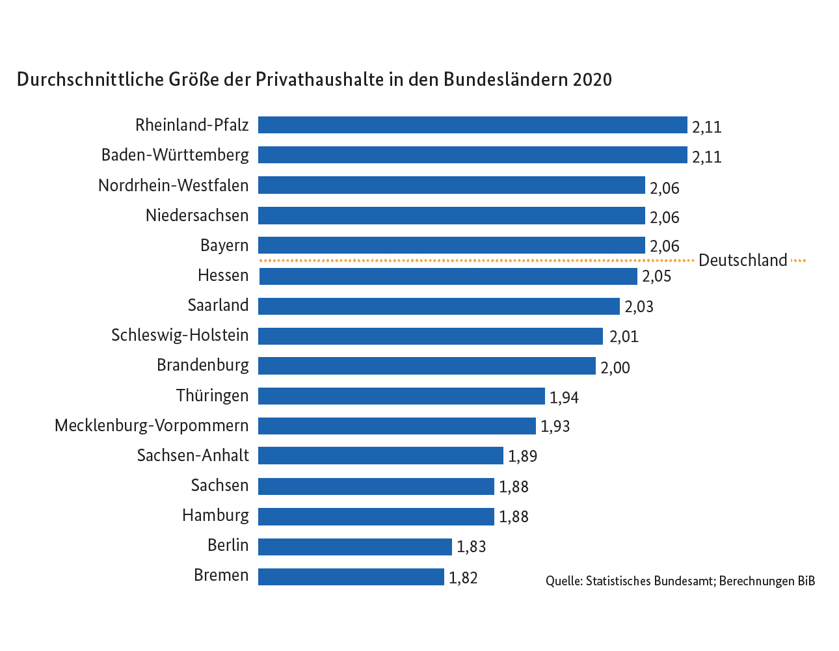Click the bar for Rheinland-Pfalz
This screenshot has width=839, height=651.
tap(472, 125)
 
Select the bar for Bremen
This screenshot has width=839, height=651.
tap(351, 577)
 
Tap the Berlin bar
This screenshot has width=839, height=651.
tap(355, 547)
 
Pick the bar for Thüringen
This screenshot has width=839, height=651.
tap(401, 396)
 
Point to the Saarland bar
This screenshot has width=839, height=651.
tap(439, 306)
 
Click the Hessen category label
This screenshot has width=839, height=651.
tap(223, 276)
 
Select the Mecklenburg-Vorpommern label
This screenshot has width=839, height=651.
tap(152, 426)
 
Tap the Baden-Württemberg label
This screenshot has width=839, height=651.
tap(175, 155)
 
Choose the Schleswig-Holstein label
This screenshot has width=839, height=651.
tap(180, 336)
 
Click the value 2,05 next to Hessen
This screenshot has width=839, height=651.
tap(657, 276)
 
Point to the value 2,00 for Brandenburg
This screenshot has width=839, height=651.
tap(615, 368)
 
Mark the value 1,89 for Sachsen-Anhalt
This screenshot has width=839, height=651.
tap(523, 457)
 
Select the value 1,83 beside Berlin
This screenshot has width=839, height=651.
tap(472, 547)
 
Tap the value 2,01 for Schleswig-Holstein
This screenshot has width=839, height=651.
tap(624, 337)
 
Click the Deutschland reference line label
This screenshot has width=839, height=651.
tap(743, 261)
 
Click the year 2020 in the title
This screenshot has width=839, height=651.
tap(593, 79)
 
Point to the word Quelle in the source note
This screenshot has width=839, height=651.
tap(563, 581)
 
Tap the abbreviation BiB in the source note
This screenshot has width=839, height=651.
tap(806, 581)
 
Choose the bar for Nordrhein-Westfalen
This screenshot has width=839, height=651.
tap(451, 185)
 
